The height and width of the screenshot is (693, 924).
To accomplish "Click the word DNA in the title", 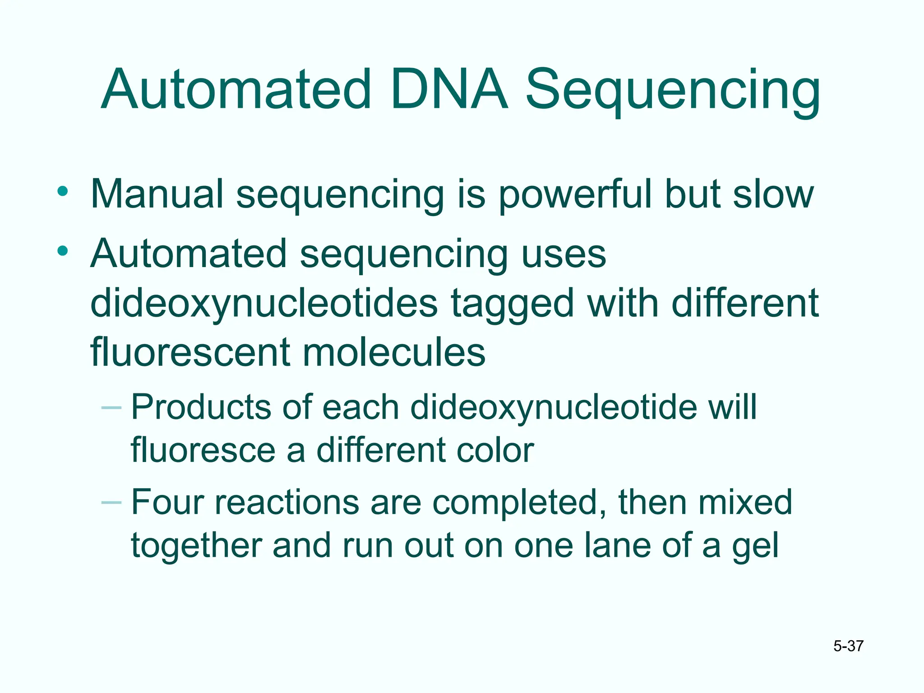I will pos(449,90).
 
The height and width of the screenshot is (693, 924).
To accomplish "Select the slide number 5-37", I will pos(848,646).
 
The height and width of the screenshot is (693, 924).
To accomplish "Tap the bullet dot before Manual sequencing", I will pos(63,191).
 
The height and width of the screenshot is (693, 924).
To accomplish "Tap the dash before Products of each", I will pos(111,408).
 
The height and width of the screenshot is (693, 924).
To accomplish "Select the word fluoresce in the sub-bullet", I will pos(203,450).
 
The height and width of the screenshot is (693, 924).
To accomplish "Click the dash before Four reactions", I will pos(111,502).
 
